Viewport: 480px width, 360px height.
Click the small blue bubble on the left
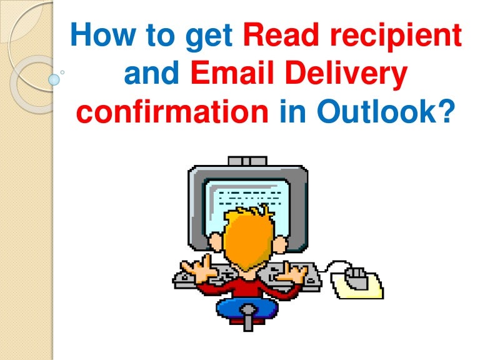coord(54,79)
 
